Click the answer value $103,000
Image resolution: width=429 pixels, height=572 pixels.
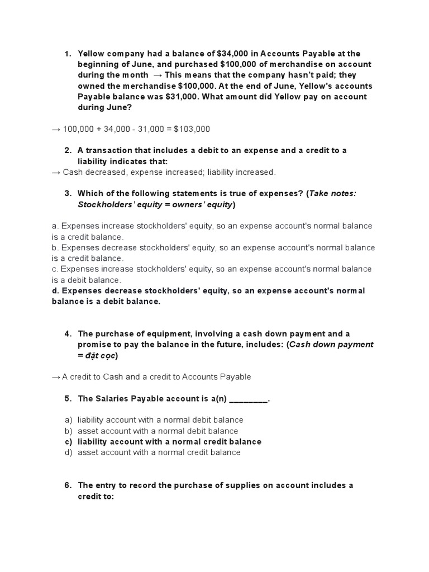(192, 129)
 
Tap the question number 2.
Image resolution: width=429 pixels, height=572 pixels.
(68, 151)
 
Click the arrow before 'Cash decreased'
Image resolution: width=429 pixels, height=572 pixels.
(56, 172)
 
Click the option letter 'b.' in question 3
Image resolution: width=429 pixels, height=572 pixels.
(56, 247)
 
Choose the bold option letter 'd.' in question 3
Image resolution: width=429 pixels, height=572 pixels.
(56, 291)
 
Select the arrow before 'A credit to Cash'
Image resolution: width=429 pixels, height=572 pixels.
(56, 377)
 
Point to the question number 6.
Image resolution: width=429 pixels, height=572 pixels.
(68, 485)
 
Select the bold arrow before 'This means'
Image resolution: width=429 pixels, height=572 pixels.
(158, 75)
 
